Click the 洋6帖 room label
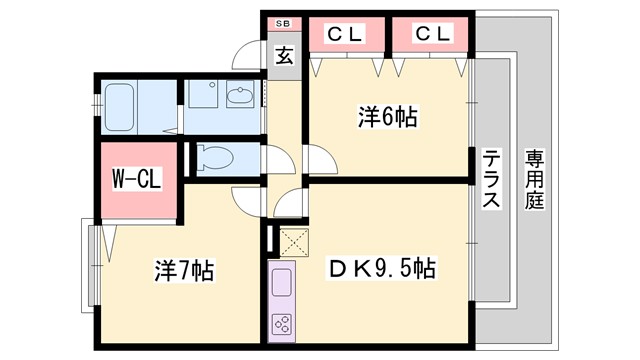click(x=388, y=117)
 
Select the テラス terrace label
click(x=491, y=180)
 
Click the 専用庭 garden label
click(x=536, y=180)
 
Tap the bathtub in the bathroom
click(x=117, y=105)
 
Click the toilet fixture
click(x=215, y=157)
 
